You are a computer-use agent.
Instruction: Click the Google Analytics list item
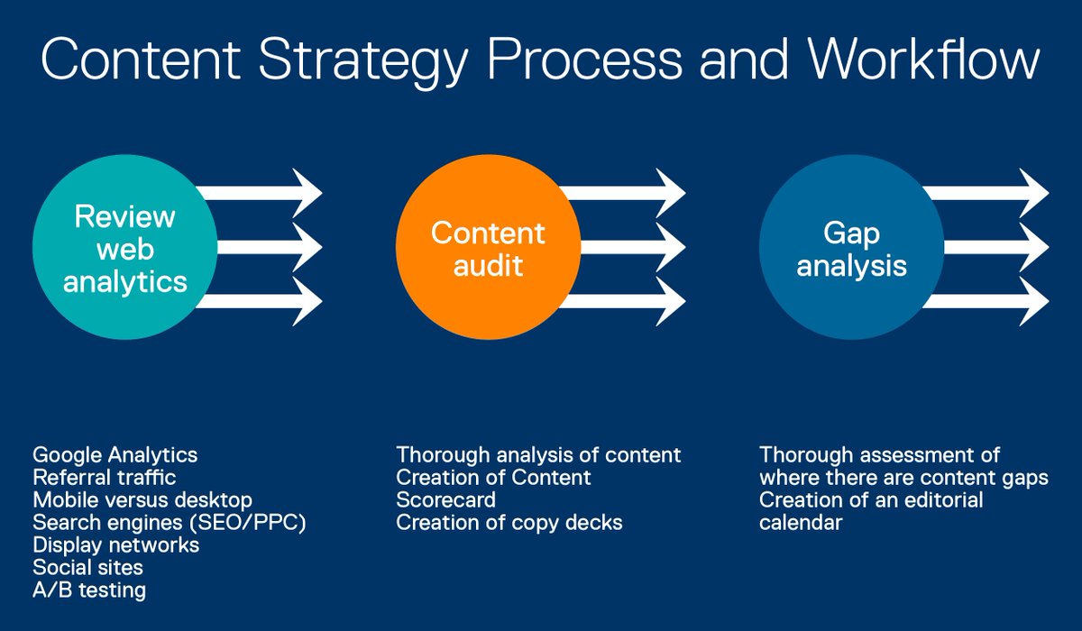point(115,453)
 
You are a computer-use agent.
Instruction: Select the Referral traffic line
point(104,477)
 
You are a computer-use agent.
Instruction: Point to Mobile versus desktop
point(142,499)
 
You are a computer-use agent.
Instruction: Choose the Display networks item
point(115,545)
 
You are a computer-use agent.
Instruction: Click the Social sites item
point(87,568)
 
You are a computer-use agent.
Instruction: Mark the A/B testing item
point(89,590)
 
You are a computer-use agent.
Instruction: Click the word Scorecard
point(445,499)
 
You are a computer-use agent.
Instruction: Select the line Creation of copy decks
point(509,522)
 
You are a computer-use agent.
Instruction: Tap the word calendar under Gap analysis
point(801,522)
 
